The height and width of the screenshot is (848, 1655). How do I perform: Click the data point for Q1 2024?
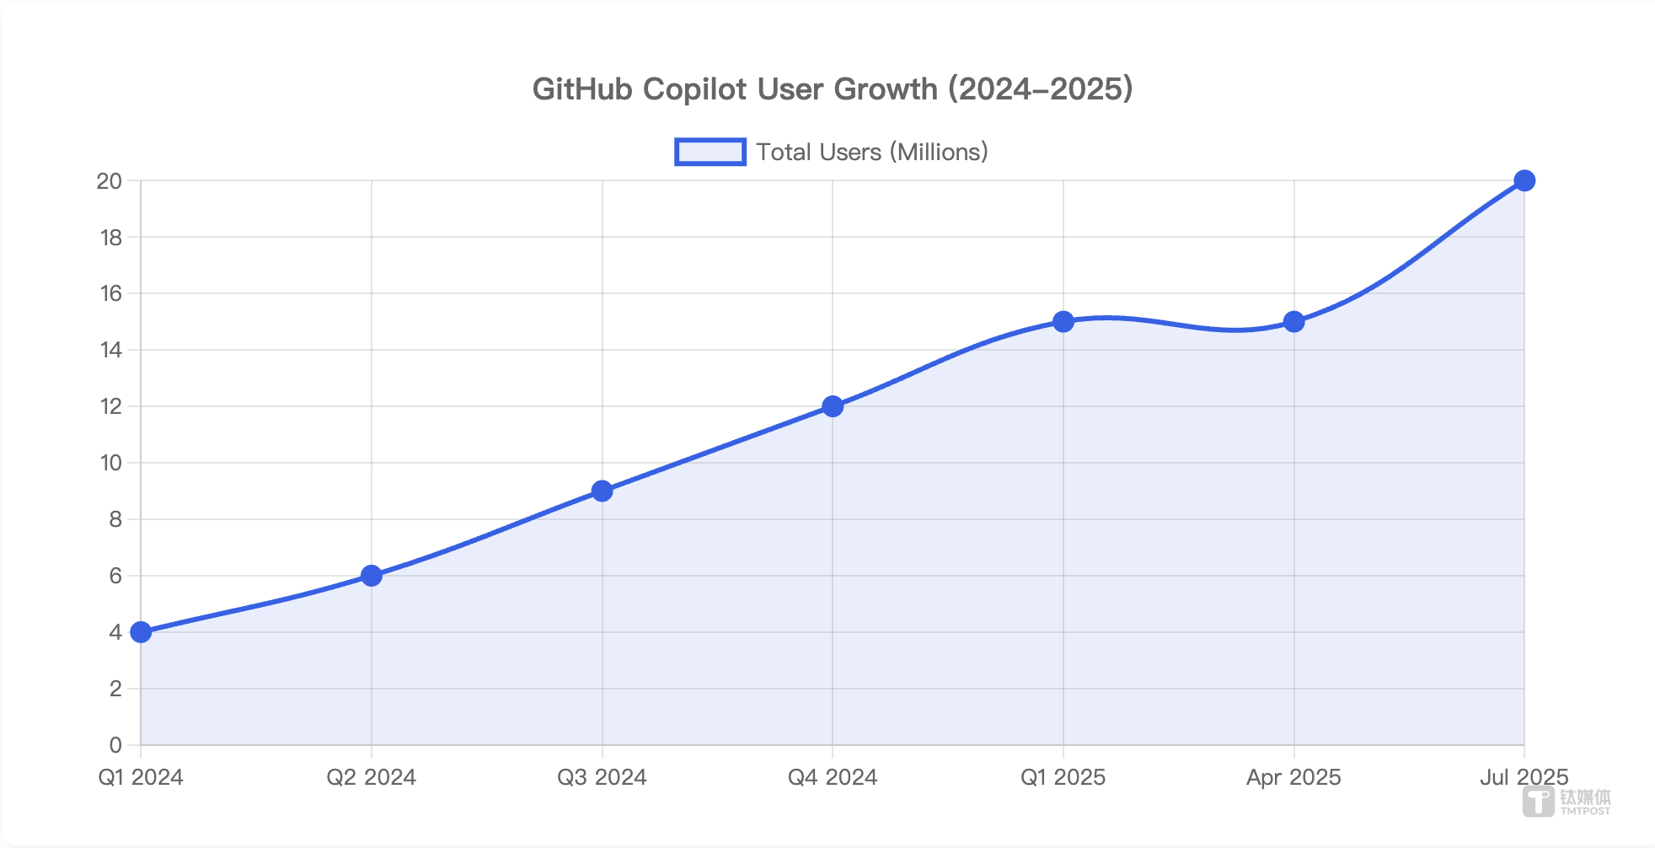141,632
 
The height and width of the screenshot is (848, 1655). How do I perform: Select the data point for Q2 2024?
372,576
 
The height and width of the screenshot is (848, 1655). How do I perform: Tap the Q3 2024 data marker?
602,491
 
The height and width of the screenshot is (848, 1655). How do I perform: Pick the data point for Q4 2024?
833,406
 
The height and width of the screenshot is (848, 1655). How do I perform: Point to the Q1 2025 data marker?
1063,321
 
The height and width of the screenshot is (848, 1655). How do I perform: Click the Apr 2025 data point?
1294,321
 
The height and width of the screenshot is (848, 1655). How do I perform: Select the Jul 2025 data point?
1524,180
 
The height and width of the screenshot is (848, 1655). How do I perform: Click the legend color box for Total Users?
710,152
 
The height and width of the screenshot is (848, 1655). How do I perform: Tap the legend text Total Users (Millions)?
871,152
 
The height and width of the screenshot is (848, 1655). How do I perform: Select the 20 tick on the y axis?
110,180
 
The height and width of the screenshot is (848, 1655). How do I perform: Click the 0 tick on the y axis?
115,745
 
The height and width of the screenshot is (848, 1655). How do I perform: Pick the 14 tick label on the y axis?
110,350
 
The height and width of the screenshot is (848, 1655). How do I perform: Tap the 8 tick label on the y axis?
115,519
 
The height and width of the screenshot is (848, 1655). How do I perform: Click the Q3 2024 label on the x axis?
602,777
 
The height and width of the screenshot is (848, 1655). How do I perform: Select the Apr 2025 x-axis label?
1293,777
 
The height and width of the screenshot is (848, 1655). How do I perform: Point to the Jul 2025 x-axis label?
1524,777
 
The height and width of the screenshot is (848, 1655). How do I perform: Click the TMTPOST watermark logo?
1567,802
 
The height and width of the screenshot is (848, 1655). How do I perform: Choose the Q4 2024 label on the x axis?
833,777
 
